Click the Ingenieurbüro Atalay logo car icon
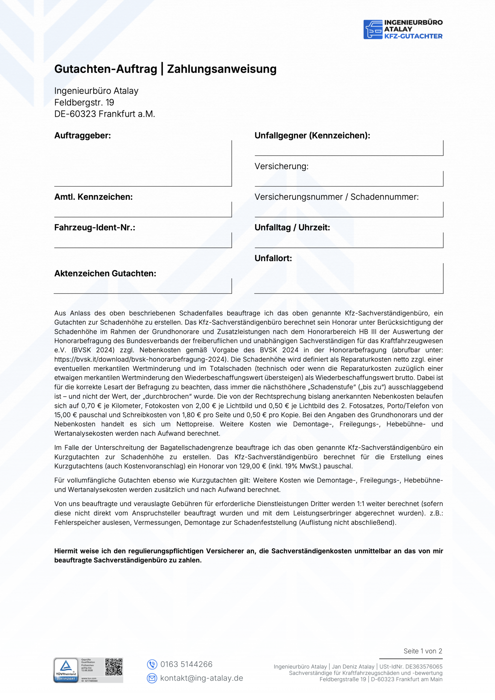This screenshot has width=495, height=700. click(x=373, y=30)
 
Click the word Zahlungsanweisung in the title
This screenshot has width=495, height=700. click(x=222, y=69)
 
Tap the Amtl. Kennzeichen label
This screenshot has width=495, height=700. click(x=93, y=197)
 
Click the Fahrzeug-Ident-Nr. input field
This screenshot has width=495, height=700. click(x=143, y=240)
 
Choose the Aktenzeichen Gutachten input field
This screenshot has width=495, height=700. click(x=143, y=286)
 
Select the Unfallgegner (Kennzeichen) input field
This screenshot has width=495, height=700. click(x=349, y=148)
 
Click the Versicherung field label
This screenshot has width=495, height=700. click(x=281, y=167)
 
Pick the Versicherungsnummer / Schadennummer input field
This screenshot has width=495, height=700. click(x=349, y=210)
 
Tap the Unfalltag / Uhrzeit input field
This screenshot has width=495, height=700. click(x=349, y=240)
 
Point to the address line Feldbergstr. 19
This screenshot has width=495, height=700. click(x=84, y=103)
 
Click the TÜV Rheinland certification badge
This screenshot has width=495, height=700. click(x=66, y=670)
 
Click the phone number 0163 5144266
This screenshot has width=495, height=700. click(x=186, y=664)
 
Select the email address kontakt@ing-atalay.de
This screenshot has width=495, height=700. click(x=201, y=678)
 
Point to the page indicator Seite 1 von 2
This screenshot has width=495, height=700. click(x=423, y=651)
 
